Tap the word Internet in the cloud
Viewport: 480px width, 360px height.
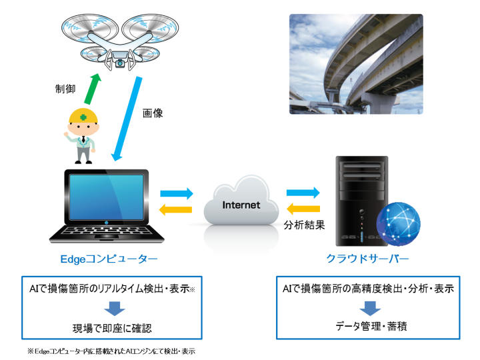(x=241, y=205)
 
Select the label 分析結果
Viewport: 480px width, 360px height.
(x=304, y=225)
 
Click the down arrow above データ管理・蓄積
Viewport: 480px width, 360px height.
(x=365, y=309)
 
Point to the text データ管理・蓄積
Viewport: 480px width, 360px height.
(x=365, y=327)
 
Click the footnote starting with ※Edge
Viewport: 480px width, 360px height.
(x=110, y=351)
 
